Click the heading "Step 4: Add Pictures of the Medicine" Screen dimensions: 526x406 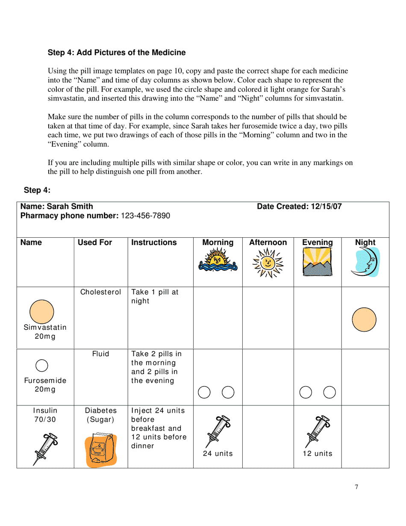[117, 53]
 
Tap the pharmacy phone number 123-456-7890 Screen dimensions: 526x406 [145, 216]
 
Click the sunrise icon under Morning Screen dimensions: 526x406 [218, 260]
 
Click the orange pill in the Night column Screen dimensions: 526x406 [364, 319]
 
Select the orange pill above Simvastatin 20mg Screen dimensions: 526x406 [41, 311]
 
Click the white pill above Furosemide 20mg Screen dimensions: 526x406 [41, 365]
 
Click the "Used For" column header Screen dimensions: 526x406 [95, 242]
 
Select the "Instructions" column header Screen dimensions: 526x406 [154, 242]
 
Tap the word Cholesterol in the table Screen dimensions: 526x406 [100, 293]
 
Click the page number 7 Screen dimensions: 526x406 [356, 487]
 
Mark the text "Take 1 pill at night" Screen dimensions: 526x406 [155, 296]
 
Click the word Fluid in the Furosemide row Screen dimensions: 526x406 [100, 354]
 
